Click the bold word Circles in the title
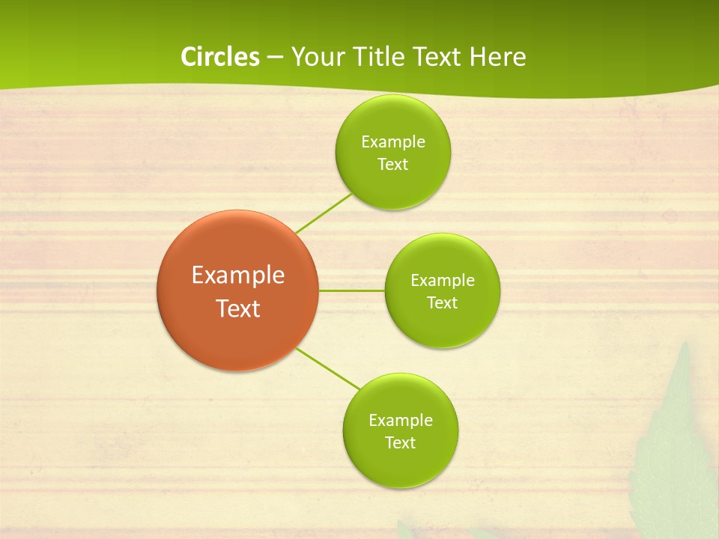(219, 57)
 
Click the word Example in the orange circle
(238, 275)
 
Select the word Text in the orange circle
(238, 308)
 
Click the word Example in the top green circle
(393, 141)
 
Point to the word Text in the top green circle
(393, 165)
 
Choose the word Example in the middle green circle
(443, 280)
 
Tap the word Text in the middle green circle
(443, 303)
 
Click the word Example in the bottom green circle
(401, 420)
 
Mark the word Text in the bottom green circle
(401, 443)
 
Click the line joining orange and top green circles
(324, 213)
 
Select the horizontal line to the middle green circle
(352, 290)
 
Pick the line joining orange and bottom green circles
(328, 368)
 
